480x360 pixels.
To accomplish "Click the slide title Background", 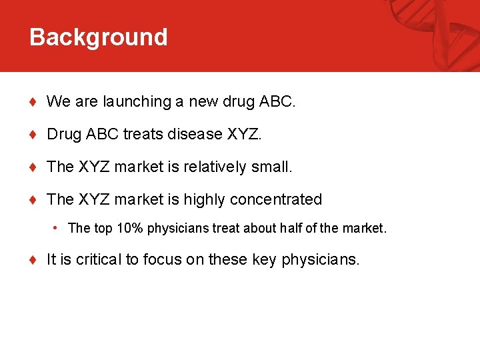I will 98,37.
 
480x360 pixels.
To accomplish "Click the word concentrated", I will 276,199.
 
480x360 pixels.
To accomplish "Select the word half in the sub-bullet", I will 293,228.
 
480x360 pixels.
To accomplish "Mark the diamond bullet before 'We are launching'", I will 33,102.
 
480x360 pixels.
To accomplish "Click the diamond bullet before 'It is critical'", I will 33,260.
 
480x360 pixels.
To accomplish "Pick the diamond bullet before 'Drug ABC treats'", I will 33,135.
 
